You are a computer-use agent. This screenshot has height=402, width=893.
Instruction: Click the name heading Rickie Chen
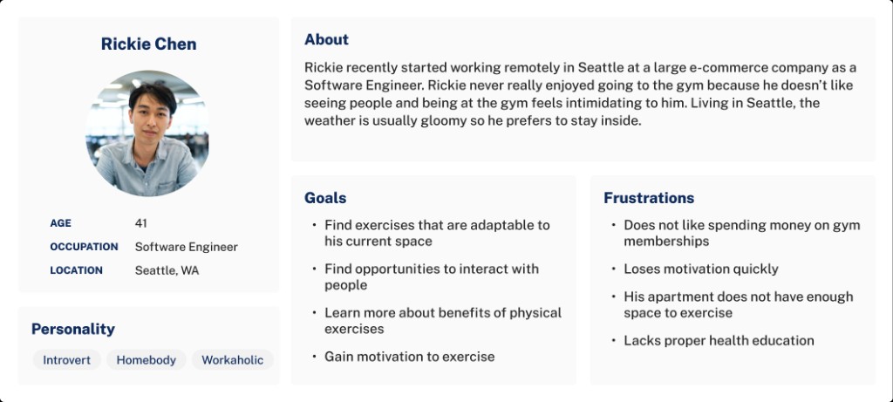click(148, 44)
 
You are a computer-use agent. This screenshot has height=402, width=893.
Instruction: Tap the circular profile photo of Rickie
click(147, 133)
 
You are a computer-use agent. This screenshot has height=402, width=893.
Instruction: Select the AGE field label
click(61, 223)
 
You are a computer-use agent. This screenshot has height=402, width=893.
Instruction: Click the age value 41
click(141, 223)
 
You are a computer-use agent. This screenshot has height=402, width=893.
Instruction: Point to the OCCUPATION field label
click(84, 247)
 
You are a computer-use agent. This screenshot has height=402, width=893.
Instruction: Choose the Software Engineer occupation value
click(186, 247)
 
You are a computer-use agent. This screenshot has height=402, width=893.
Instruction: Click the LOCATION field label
click(76, 270)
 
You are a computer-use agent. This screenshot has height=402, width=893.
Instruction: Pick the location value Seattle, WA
click(167, 270)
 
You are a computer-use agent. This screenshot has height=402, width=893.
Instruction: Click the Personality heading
click(73, 329)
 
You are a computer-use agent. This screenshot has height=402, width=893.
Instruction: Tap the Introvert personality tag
click(67, 360)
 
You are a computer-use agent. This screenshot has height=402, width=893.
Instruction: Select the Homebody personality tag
click(146, 360)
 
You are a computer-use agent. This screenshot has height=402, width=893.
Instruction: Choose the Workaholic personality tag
click(232, 360)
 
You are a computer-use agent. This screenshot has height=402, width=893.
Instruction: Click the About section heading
click(326, 39)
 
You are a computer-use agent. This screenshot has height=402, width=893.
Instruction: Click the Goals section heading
click(325, 198)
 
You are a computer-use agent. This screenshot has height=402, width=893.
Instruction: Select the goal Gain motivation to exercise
click(409, 357)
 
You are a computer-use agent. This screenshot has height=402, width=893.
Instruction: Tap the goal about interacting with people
click(432, 277)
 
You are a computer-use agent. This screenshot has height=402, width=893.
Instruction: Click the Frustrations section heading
click(649, 198)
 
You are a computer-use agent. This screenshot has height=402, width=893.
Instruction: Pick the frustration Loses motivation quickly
click(701, 269)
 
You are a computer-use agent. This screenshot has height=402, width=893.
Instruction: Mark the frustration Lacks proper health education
click(719, 341)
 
